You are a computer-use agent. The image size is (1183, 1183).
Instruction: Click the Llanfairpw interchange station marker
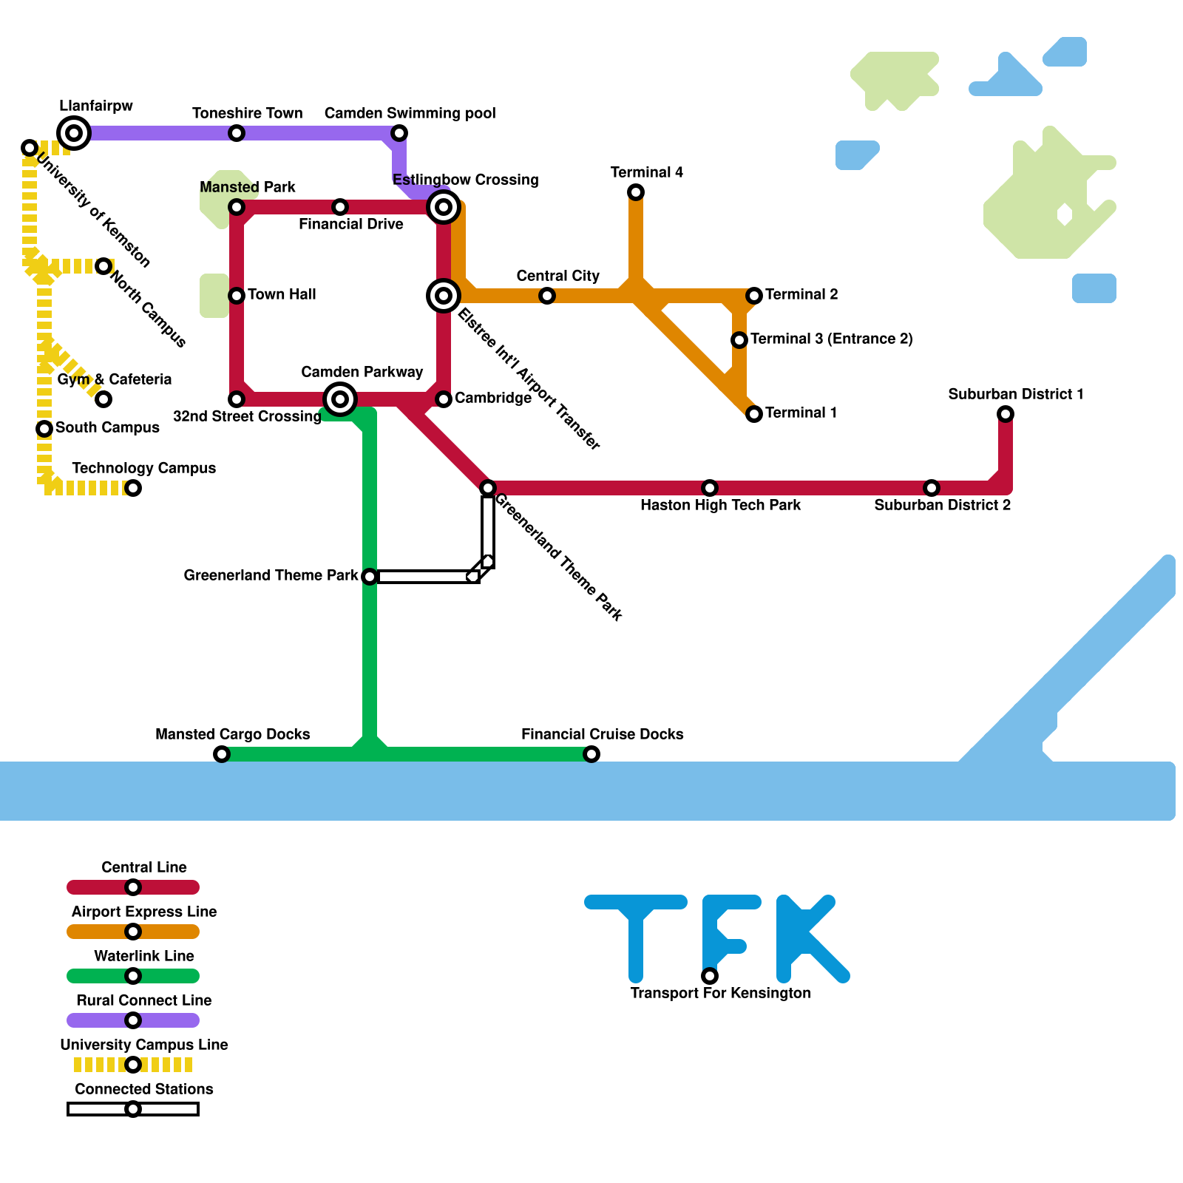pos(74,133)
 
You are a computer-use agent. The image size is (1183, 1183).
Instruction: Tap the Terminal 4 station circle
pos(636,192)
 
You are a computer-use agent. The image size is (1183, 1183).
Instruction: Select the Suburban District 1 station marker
pos(1006,414)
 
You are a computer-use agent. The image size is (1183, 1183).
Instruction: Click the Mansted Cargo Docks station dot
pos(222,754)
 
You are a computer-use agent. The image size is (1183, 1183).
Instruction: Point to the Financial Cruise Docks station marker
pos(591,754)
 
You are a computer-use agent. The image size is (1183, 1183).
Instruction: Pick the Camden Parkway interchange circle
pos(340,399)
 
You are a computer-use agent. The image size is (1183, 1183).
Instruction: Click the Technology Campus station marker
pos(133,488)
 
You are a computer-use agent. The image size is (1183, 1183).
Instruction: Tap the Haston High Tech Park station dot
pos(710,488)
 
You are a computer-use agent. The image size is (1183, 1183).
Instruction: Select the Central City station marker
pos(547,296)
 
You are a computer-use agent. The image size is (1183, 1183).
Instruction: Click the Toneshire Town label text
pos(247,113)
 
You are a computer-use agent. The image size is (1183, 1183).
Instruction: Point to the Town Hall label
pos(282,294)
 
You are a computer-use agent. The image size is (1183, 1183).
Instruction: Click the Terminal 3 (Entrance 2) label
pos(831,339)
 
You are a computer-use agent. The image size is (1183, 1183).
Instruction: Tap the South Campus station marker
pos(44,429)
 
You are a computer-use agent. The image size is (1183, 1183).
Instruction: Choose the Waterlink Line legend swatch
pos(133,976)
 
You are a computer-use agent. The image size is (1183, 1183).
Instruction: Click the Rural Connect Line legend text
pos(143,1000)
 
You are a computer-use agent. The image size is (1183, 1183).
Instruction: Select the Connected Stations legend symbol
pos(133,1109)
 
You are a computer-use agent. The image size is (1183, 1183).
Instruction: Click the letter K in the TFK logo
pos(810,939)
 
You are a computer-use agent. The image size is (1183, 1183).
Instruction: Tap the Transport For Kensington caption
pos(720,993)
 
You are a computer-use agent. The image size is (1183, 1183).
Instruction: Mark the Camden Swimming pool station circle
pos(399,133)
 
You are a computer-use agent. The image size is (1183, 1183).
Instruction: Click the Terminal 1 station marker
pos(754,414)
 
